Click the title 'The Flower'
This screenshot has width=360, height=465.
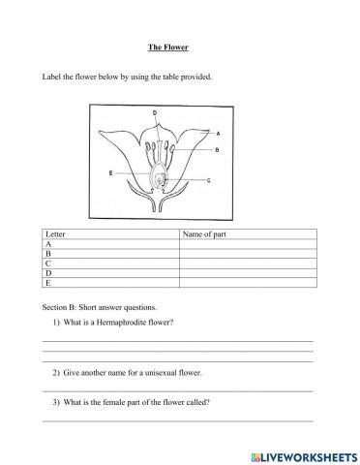(179, 46)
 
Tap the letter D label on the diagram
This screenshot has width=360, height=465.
(156, 113)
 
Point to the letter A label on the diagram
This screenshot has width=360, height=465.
(218, 133)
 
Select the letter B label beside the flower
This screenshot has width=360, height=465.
(217, 150)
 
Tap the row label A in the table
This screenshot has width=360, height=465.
(48, 244)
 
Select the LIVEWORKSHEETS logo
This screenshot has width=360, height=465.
(304, 454)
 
